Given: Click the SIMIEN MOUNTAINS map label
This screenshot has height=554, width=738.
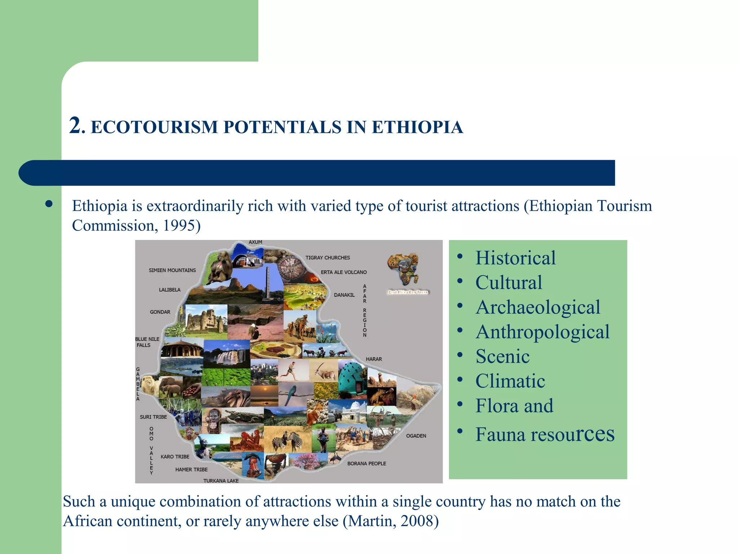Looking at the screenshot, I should tap(172, 270).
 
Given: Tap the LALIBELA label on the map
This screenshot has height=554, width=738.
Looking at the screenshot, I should tap(169, 290).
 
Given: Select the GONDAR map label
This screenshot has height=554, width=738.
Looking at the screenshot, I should tap(160, 312).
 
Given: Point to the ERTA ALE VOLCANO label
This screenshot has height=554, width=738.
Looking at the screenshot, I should tap(343, 272).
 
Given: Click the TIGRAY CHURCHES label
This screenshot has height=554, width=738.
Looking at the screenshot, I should tap(328, 258).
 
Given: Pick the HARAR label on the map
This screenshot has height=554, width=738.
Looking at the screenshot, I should tap(374, 359).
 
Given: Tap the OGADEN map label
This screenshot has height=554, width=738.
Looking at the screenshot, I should tap(416, 436).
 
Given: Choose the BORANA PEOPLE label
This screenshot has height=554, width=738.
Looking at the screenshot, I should tap(366, 463).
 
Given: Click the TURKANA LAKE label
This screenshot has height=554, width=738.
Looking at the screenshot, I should tap(221, 481).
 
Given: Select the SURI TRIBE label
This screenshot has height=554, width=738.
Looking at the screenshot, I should tap(153, 417).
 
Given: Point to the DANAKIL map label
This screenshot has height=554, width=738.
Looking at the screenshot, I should tap(344, 295).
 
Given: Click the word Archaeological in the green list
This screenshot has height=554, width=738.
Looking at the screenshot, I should tap(538, 308).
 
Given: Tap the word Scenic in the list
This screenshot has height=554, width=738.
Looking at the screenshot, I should tap(502, 357).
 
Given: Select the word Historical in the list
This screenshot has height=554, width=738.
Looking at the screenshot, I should tap(515, 258).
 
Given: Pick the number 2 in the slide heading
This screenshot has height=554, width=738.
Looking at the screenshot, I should tap(75, 126).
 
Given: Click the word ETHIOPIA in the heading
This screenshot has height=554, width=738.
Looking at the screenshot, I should tap(417, 127).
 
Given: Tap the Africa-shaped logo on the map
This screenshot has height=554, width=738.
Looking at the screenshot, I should tap(404, 269).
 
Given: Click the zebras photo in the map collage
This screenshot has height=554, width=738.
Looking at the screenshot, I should tap(288, 440).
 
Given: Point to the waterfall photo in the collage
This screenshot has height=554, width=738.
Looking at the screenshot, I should tap(227, 356).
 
